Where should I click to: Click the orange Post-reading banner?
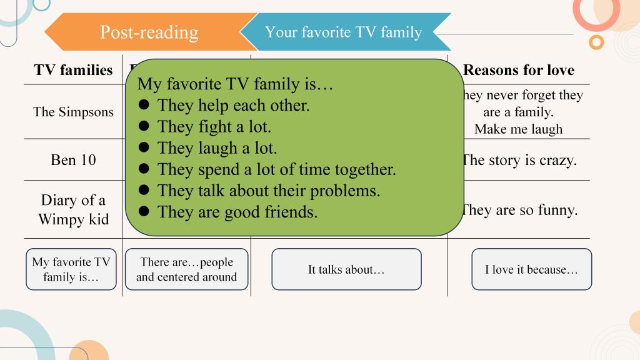(x=149, y=32)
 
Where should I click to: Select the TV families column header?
(x=74, y=70)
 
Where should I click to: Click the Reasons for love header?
(x=519, y=70)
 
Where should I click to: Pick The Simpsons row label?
(x=74, y=112)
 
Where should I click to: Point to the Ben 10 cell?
(x=74, y=160)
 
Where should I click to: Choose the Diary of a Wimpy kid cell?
(x=74, y=210)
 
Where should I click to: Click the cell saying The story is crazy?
(x=519, y=161)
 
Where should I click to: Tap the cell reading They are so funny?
(x=519, y=210)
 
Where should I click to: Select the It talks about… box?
(x=346, y=269)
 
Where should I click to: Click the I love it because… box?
(x=531, y=269)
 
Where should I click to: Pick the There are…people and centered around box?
(x=186, y=269)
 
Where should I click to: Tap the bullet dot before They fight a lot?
(x=144, y=126)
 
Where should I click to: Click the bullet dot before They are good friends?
(x=144, y=211)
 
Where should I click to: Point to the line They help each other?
(x=234, y=105)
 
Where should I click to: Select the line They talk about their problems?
(x=269, y=191)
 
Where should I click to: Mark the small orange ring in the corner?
(x=596, y=42)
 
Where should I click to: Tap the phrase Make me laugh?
(x=518, y=129)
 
